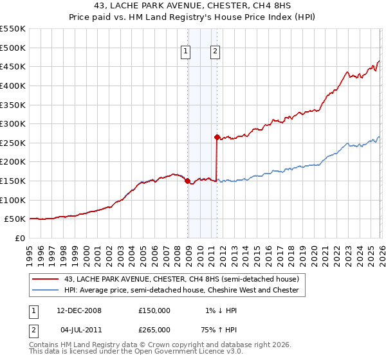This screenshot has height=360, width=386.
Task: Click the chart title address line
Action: [x=193, y=6]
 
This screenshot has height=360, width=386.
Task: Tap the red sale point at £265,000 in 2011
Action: [x=217, y=137]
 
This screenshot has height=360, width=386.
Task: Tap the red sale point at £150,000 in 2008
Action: [x=187, y=181]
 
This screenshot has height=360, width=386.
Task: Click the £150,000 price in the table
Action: [x=154, y=310]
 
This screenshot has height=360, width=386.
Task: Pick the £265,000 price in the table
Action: [x=154, y=329]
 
